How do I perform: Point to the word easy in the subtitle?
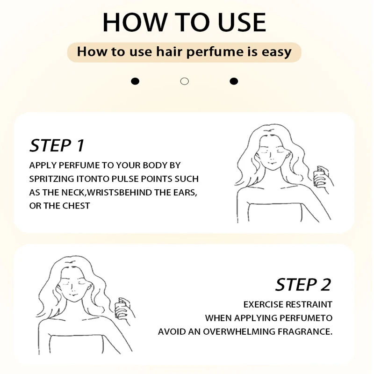click(276, 52)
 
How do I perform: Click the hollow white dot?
click(184, 81)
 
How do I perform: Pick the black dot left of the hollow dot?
click(135, 81)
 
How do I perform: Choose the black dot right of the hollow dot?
click(234, 81)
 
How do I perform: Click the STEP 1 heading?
click(57, 145)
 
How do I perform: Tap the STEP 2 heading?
click(303, 285)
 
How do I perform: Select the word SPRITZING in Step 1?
click(51, 179)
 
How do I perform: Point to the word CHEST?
click(76, 206)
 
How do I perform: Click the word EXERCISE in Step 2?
click(263, 305)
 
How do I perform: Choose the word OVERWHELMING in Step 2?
click(239, 332)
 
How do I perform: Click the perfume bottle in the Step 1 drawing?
click(318, 177)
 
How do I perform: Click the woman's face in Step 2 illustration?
click(73, 286)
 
